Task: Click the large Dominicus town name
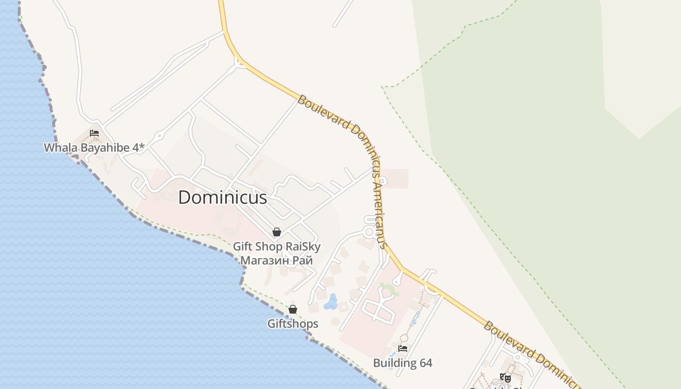222,197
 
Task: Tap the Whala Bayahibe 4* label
94,148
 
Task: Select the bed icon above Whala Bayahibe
94,133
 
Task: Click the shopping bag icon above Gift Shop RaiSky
277,232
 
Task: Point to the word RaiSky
303,247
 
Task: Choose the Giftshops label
293,324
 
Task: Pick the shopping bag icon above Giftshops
293,309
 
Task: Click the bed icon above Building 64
403,348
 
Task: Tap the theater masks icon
505,377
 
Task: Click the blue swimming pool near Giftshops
331,301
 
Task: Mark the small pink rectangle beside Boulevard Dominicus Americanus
394,178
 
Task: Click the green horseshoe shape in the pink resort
389,289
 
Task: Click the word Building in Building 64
395,363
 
